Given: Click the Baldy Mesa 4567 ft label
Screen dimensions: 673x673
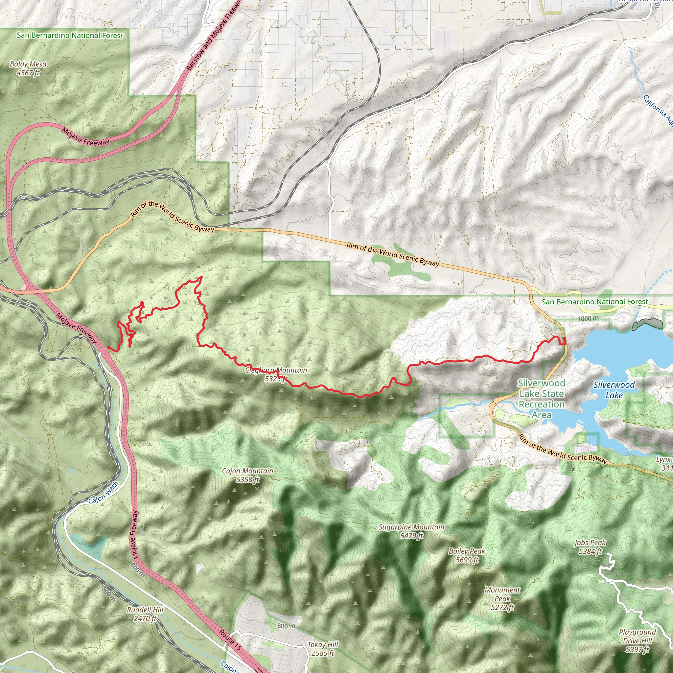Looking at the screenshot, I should coord(28,68).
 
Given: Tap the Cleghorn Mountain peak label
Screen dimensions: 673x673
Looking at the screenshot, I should coord(276,374).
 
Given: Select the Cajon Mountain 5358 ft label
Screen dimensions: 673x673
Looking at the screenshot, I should coord(247,475).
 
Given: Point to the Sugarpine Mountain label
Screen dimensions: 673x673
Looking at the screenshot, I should coord(411,531).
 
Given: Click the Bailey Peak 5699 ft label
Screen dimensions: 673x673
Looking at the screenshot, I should coord(467,555).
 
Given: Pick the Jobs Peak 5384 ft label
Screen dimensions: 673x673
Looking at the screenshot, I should coord(590,547).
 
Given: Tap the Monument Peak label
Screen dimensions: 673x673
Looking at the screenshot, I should coord(502,598).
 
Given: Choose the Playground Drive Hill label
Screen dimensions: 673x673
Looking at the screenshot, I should coord(637,640).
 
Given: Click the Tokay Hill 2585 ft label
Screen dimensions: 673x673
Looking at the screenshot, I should coord(323,649).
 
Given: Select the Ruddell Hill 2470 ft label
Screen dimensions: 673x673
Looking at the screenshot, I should coord(145,614).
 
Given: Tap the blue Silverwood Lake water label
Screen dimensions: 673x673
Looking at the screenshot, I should coord(614,390).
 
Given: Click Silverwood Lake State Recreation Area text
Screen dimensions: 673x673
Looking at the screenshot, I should coord(541,399).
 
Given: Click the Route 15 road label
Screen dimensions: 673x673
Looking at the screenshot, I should coord(230,640).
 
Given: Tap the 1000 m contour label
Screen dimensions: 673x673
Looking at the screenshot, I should coord(588,318).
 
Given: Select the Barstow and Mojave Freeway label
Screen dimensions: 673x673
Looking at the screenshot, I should coord(213,35).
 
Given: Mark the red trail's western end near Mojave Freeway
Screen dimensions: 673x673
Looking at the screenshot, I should coord(108,347).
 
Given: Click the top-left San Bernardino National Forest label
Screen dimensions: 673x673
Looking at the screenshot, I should coord(70,35).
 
